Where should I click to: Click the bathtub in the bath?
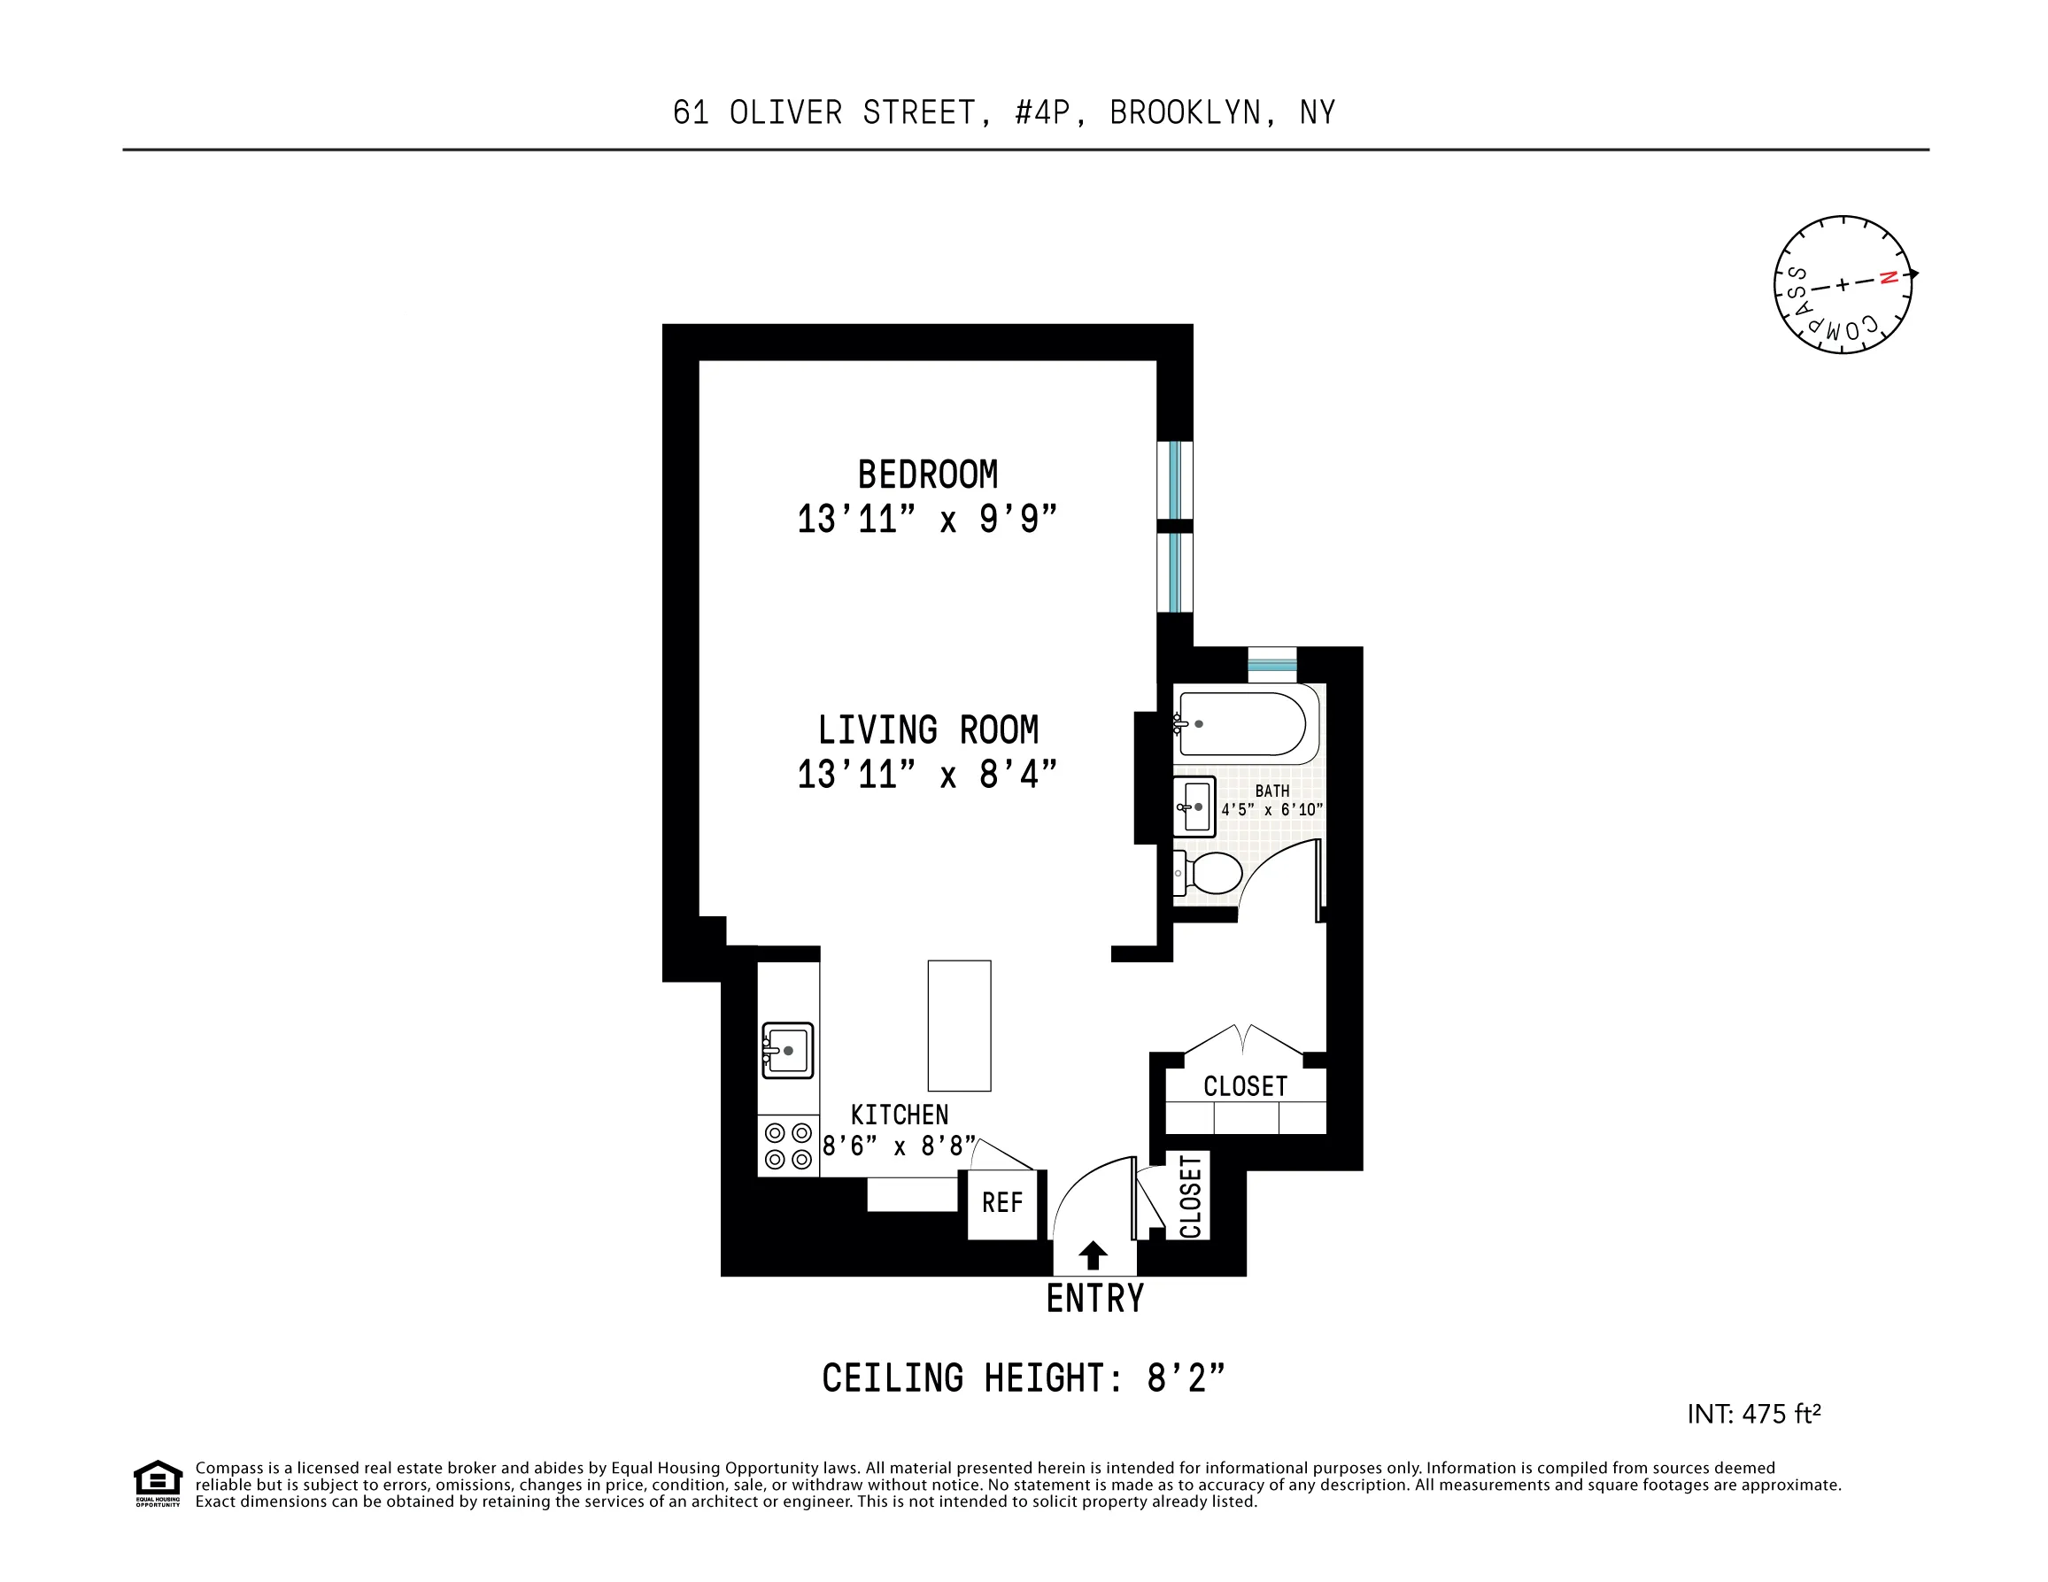pyautogui.click(x=1243, y=724)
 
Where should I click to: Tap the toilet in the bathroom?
pyautogui.click(x=1210, y=873)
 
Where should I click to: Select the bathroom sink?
pyautogui.click(x=1194, y=806)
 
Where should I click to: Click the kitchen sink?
pyautogui.click(x=788, y=1050)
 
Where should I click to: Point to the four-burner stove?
pyautogui.click(x=788, y=1146)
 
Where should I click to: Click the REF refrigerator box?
pyautogui.click(x=1002, y=1203)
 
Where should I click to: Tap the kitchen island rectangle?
pyautogui.click(x=959, y=1025)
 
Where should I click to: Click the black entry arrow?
pyautogui.click(x=1094, y=1255)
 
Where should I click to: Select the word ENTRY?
pyautogui.click(x=1095, y=1299)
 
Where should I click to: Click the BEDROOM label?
pyautogui.click(x=927, y=475)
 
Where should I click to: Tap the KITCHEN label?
pyautogui.click(x=900, y=1115)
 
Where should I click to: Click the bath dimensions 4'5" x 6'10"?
pyautogui.click(x=1271, y=809)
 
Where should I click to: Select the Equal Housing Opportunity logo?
pyautogui.click(x=158, y=1483)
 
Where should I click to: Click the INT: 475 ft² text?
pyautogui.click(x=1753, y=1414)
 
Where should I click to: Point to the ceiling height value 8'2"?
pyautogui.click(x=1186, y=1378)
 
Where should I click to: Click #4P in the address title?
pyautogui.click(x=1042, y=112)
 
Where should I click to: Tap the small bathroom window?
pyautogui.click(x=1272, y=665)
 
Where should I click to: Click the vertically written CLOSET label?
pyautogui.click(x=1190, y=1198)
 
